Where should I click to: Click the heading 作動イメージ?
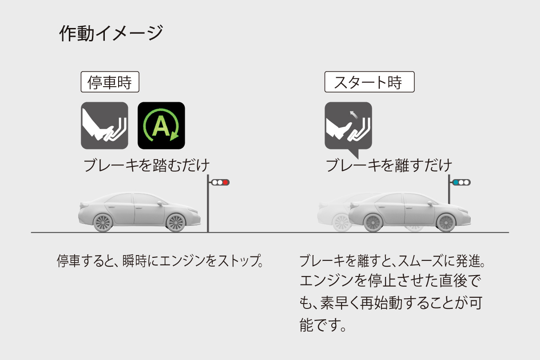coord(111,33)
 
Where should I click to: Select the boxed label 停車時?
coord(110,82)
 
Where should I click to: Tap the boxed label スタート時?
coord(369,82)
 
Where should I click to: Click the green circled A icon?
coord(161,125)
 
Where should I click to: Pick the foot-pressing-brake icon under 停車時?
coord(104,125)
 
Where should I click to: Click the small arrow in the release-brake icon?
coord(353,114)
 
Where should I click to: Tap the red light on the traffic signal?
coord(226,182)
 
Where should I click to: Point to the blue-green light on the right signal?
coord(456,182)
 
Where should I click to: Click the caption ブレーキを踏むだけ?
coord(147,165)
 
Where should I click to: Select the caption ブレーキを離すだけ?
coord(389,165)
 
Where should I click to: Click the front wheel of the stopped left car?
coord(176,223)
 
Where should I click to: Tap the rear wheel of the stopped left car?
coord(103,223)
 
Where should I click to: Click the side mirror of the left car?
coord(159,203)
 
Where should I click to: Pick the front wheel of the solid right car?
coord(446,223)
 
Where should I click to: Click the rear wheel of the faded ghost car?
coord(341,223)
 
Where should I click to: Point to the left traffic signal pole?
coord(208,204)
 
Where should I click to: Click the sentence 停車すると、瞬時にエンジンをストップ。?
coord(160,261)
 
